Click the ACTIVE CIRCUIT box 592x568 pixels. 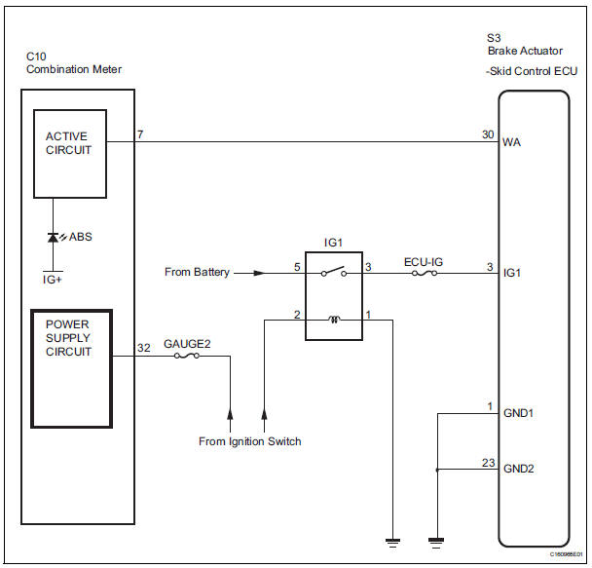coord(69,151)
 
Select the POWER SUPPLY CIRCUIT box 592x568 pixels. coord(71,367)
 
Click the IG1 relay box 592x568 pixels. coord(334,295)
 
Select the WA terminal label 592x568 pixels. coord(512,142)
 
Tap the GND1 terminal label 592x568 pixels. coord(518,413)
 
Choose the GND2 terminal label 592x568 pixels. coord(518,469)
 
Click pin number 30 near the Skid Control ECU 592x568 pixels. coord(488,135)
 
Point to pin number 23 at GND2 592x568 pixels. coord(488,462)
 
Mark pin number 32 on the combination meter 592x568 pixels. coord(144,348)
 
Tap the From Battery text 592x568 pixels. coord(197,273)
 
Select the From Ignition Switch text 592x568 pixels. coord(249,441)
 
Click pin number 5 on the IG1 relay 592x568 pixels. coord(298,265)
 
